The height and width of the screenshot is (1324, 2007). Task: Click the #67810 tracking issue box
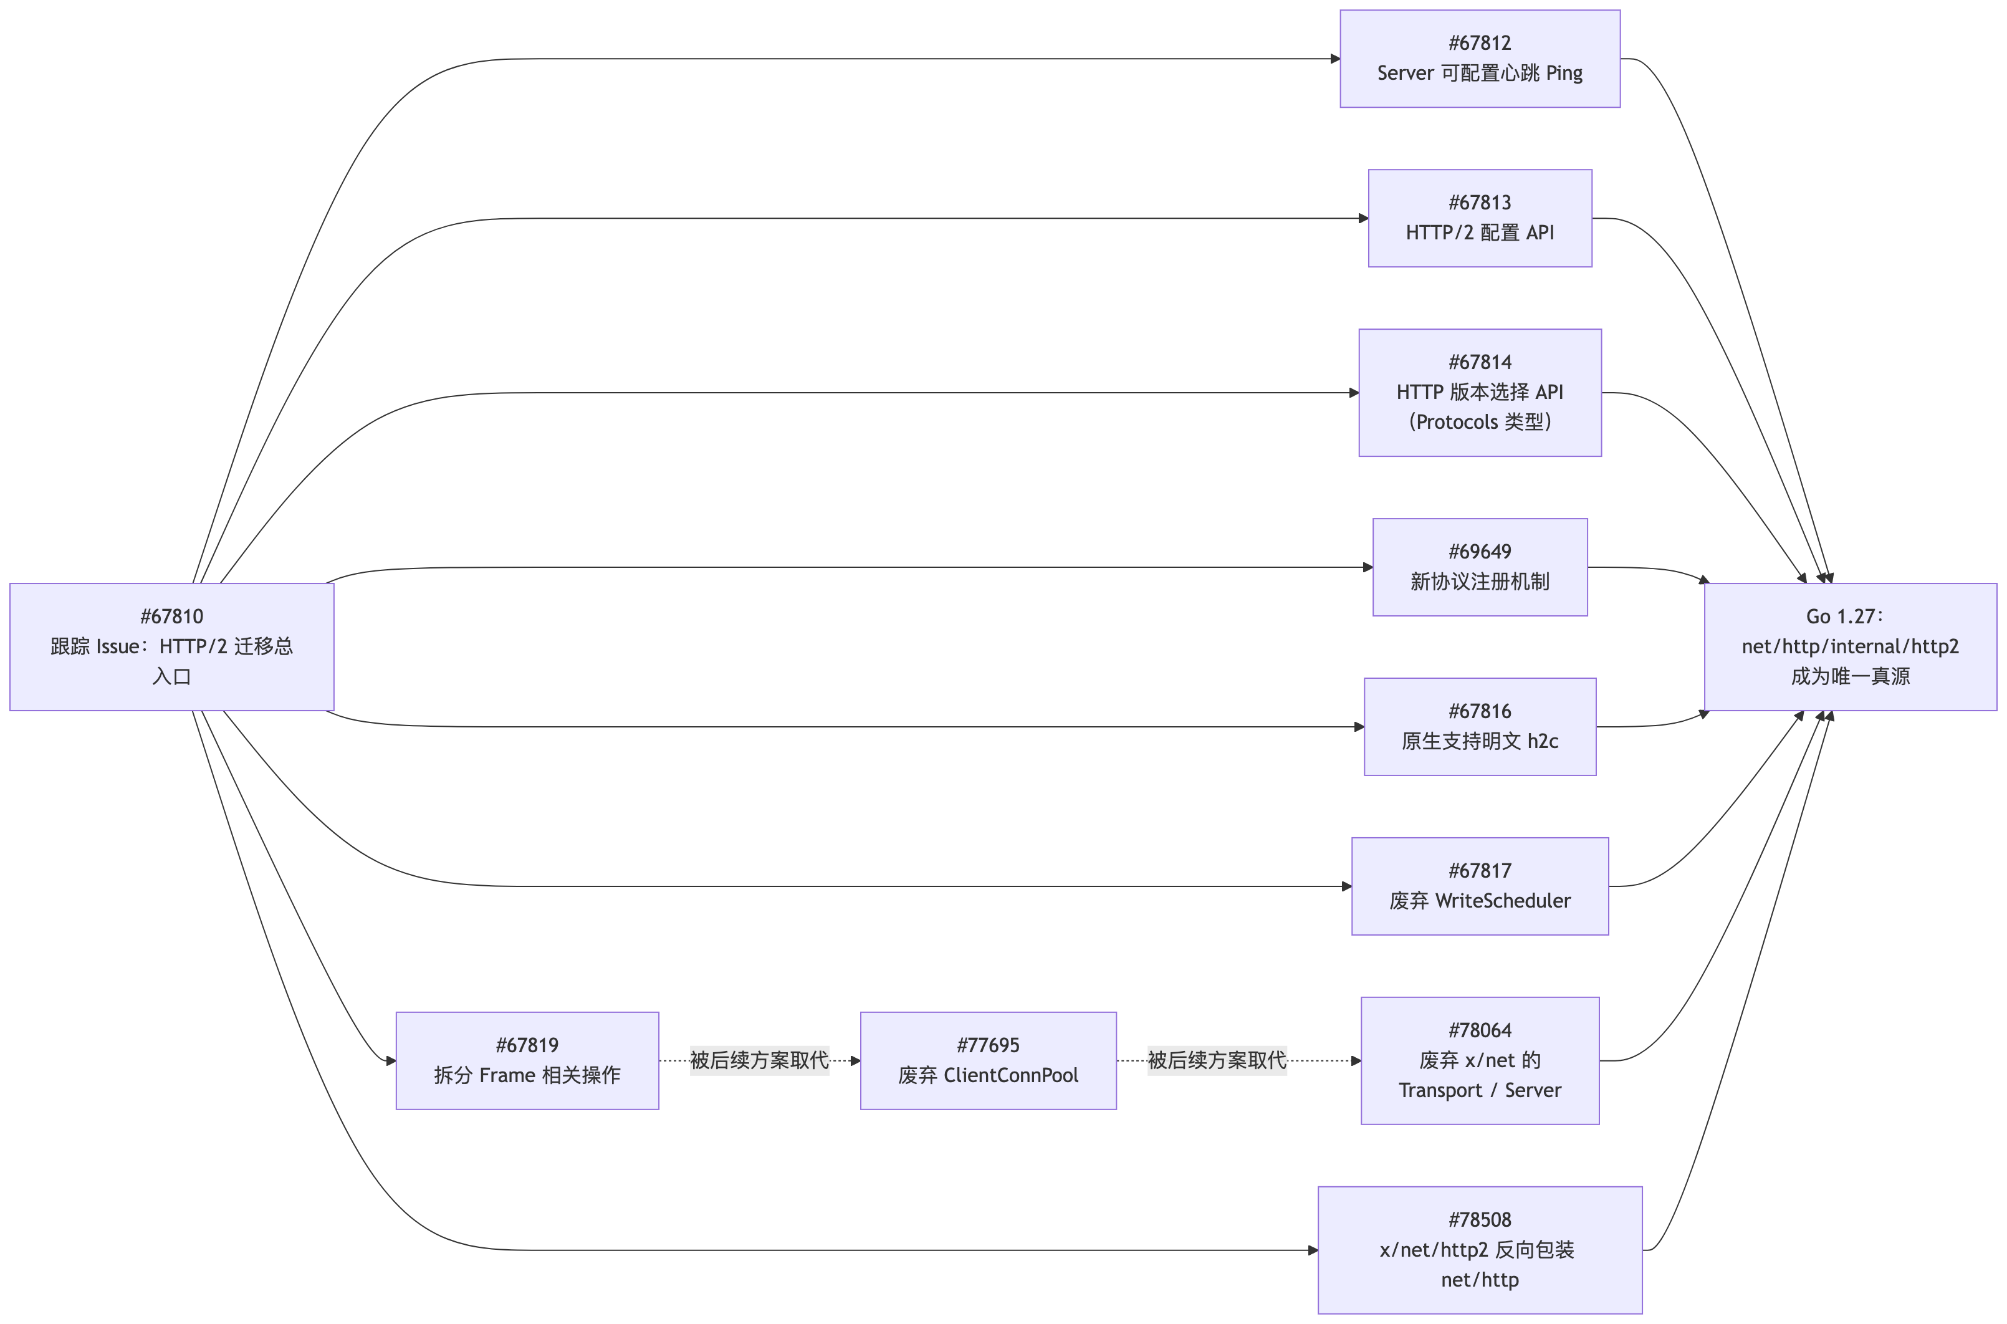tap(171, 647)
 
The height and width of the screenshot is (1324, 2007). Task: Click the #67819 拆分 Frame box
tap(527, 1060)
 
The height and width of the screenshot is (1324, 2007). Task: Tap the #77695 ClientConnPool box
tap(988, 1060)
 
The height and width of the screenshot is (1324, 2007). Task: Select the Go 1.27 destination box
tap(1850, 647)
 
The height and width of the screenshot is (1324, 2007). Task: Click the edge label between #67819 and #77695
tap(759, 1060)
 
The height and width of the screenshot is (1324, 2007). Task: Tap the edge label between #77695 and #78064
tap(1217, 1060)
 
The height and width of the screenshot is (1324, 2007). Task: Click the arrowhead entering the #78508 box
tap(1313, 1250)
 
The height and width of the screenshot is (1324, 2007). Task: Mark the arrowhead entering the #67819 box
tap(391, 1060)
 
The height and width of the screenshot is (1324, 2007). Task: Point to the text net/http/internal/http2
tap(1850, 647)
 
